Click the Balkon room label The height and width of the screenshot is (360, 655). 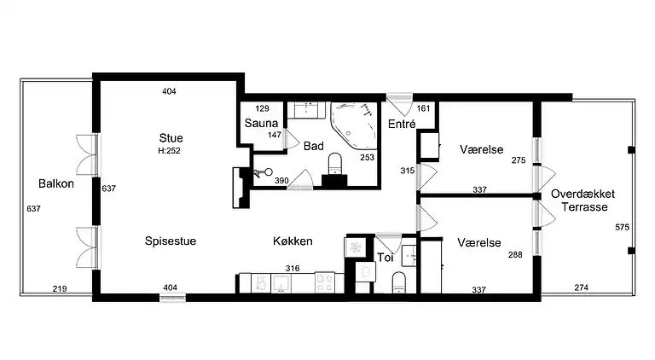[x=52, y=183]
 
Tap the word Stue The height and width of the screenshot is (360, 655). [x=171, y=138]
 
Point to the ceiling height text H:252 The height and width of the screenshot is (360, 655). [x=171, y=151]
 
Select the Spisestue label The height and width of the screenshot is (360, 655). [x=170, y=241]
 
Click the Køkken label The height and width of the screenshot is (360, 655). [x=293, y=241]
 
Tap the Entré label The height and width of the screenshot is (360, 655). [x=401, y=124]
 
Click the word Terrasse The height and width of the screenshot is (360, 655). [x=583, y=207]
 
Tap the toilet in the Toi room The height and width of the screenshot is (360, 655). [x=397, y=282]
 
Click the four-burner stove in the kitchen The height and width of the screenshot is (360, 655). [x=325, y=282]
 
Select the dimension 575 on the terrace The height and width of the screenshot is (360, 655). [x=621, y=227]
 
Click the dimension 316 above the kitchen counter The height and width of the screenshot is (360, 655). [x=293, y=267]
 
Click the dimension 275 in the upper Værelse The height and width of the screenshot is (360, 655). [x=519, y=160]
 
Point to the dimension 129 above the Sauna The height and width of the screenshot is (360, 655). [x=262, y=108]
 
